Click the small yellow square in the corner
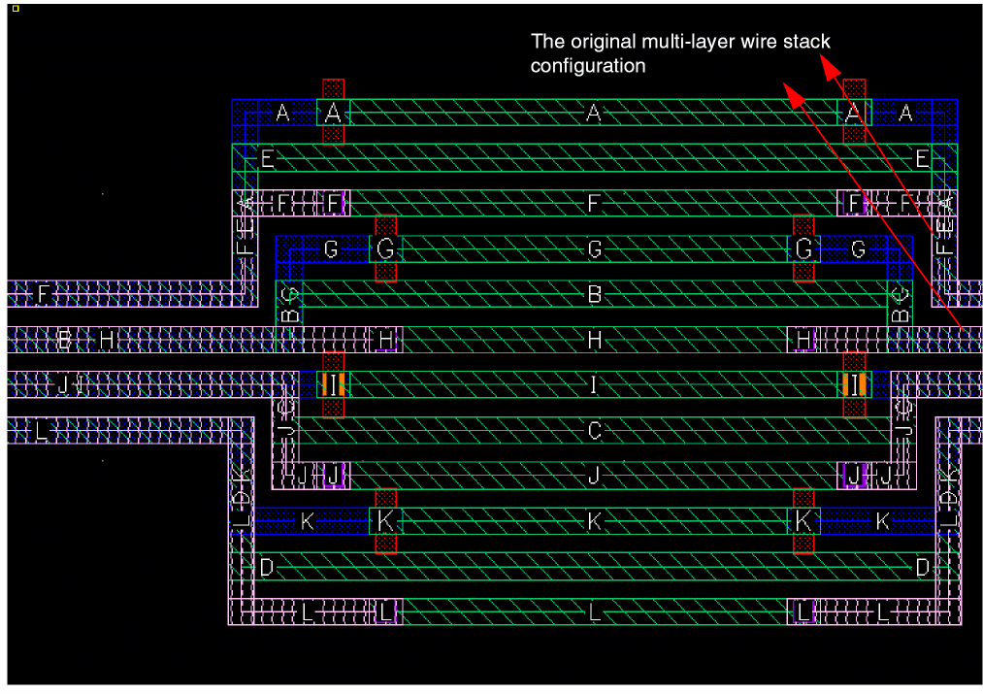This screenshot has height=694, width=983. click(x=16, y=8)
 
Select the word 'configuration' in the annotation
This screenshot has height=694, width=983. click(x=588, y=66)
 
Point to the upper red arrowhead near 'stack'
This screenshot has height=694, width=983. click(x=828, y=64)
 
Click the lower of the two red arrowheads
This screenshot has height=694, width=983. click(x=791, y=94)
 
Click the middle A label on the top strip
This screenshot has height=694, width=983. click(x=595, y=114)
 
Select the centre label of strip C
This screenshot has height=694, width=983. click(x=595, y=430)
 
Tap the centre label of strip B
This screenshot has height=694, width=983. click(x=595, y=294)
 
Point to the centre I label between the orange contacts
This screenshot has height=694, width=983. click(x=595, y=384)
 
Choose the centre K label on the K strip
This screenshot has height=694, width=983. click(x=595, y=521)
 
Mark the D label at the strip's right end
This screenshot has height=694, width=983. click(x=922, y=567)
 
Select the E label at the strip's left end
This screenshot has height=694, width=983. click(x=268, y=158)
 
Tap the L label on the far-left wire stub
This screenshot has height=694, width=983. click(x=41, y=431)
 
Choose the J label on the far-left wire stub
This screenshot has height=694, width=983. click(x=64, y=384)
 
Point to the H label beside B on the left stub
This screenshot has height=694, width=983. click(x=107, y=340)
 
